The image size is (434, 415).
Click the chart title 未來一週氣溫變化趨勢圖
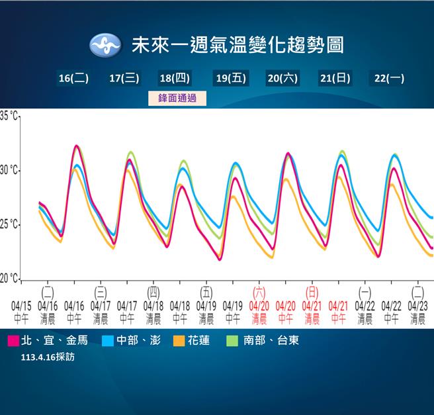pyautogui.click(x=238, y=46)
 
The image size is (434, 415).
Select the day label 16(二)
pyautogui.click(x=73, y=78)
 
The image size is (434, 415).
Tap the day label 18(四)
pyautogui.click(x=175, y=78)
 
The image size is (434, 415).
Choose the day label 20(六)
pyautogui.click(x=282, y=78)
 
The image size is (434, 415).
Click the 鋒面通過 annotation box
pyautogui.click(x=177, y=98)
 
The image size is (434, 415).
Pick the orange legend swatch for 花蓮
pyautogui.click(x=179, y=341)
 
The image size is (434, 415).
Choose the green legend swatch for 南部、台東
pyautogui.click(x=232, y=341)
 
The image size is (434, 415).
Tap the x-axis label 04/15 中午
pyautogui.click(x=21, y=312)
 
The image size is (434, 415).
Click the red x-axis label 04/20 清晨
pyautogui.click(x=259, y=312)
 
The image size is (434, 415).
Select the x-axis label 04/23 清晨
pyautogui.click(x=417, y=312)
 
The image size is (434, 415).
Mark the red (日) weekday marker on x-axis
pyautogui.click(x=312, y=291)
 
